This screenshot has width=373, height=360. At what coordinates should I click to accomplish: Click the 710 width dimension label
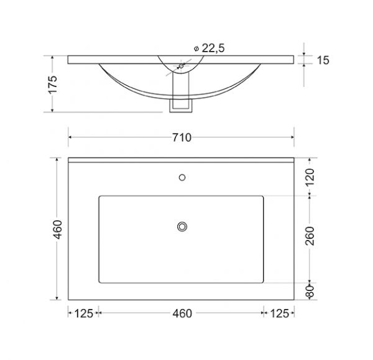pos(182,137)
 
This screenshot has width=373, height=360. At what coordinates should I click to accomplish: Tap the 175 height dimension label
pos(53,85)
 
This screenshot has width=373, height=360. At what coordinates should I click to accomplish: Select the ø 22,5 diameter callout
pos(210,48)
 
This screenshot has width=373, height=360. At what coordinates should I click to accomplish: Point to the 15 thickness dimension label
pos(323,60)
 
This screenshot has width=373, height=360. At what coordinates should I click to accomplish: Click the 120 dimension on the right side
pos(310,177)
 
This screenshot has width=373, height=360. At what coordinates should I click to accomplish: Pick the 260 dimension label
pos(310,236)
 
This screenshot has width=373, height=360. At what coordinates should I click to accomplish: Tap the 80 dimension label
pos(310,291)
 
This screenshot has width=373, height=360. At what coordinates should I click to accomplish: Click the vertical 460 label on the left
pos(58,229)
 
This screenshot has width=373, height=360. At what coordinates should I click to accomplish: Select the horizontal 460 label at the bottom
pos(182,313)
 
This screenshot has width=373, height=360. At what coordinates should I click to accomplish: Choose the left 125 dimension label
pos(84,313)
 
